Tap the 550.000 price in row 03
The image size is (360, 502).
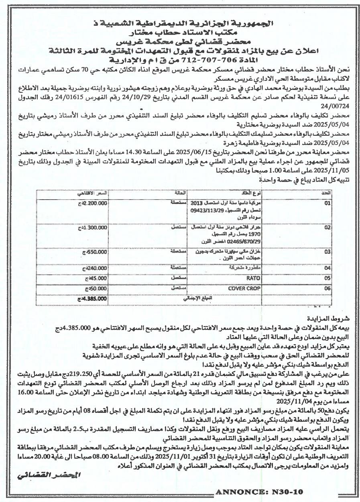coord(96,251)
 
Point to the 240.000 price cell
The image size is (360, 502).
coord(96,267)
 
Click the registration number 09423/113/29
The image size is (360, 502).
coord(206,210)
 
